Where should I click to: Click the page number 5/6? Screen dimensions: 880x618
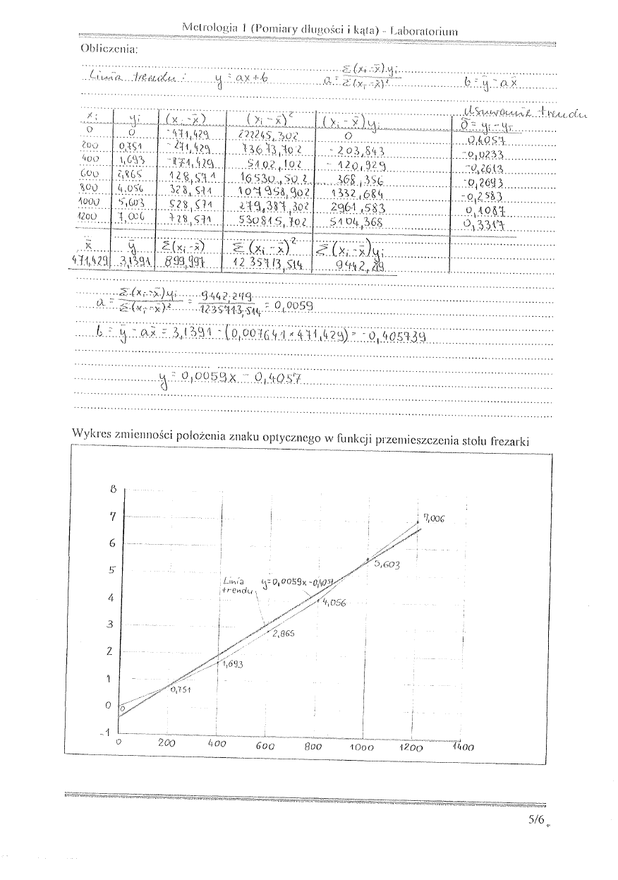click(537, 819)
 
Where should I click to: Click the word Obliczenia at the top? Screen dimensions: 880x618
click(109, 49)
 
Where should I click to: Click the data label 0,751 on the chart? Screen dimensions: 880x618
click(182, 689)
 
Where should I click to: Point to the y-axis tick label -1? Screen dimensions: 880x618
click(108, 733)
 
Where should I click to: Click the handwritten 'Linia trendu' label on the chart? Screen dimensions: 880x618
click(236, 585)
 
